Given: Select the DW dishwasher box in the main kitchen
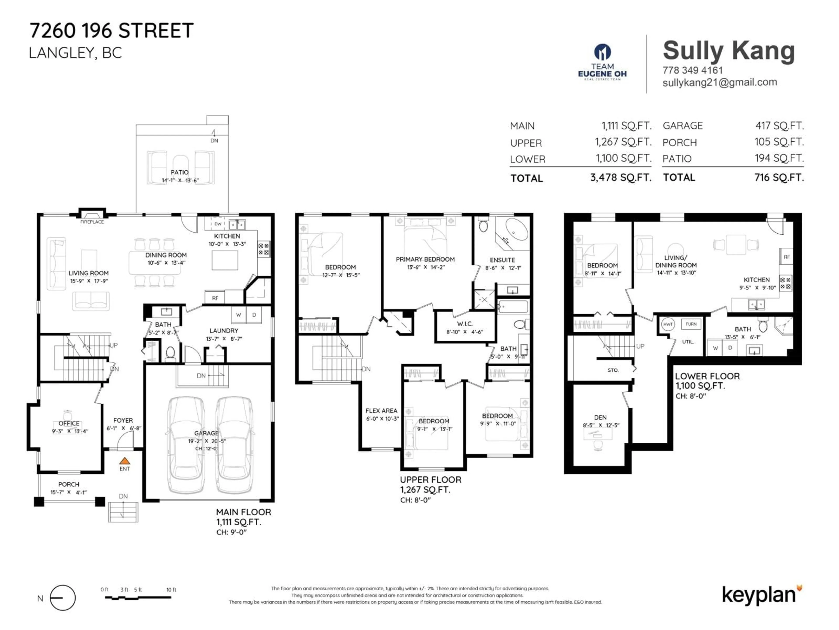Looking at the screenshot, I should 218,224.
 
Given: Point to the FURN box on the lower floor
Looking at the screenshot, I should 691,324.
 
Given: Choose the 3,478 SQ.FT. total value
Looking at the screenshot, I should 621,177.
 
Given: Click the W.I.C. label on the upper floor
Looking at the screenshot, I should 465,324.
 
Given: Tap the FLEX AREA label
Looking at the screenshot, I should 381,411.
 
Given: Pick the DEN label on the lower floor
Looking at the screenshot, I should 600,417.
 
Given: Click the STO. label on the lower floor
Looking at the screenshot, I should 613,370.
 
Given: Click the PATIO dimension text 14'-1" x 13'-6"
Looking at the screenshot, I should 180,180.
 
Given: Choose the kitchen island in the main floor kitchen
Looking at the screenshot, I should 225,260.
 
